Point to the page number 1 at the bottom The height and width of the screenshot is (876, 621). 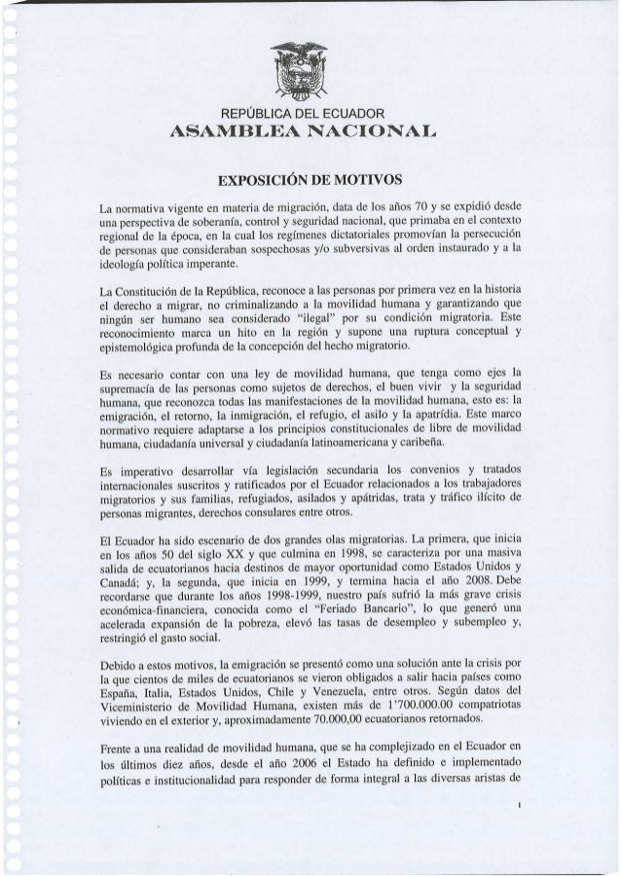click(522, 804)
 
